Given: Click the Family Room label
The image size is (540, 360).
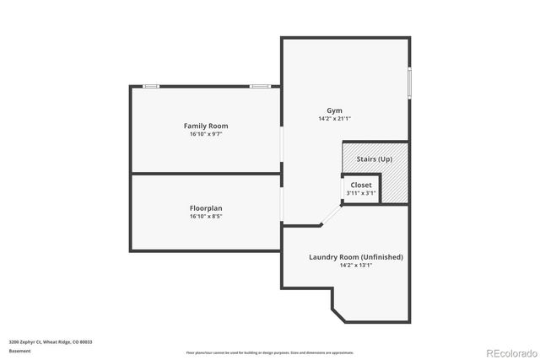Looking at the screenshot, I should tap(206, 126).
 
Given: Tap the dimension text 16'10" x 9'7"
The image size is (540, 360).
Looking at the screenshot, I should tap(206, 134).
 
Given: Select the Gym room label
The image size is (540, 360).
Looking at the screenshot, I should tap(335, 110).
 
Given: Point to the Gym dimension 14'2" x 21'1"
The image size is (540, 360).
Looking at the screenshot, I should tap(335, 119).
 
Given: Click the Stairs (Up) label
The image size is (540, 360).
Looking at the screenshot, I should tap(374, 159).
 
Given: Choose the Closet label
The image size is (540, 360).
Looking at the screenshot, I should tap(361, 185).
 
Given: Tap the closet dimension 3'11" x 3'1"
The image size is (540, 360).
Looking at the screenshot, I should tap(361, 193).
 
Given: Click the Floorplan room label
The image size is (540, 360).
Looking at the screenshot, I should tap(206, 208).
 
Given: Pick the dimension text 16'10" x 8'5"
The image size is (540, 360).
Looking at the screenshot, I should tap(206, 217).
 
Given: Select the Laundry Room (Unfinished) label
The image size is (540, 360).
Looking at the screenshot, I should tap(356, 256).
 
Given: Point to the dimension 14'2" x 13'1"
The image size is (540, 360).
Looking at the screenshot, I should tap(356, 265).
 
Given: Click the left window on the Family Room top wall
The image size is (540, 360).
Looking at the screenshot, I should tap(151, 86).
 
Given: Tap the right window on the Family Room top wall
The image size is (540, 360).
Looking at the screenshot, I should tap(260, 86).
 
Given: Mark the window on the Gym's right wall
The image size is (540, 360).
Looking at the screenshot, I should tap(409, 82).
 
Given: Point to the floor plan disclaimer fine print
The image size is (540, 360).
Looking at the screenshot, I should tap(270, 352).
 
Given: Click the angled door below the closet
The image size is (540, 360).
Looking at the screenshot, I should tap(331, 215).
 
